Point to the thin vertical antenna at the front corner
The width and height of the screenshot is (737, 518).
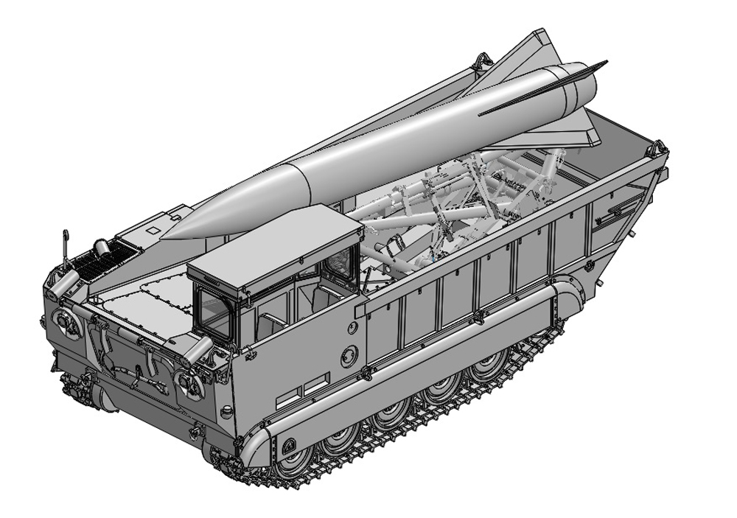[65, 251]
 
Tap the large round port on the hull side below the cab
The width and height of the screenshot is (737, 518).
[349, 356]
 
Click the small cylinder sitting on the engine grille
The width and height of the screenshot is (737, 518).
[102, 248]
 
